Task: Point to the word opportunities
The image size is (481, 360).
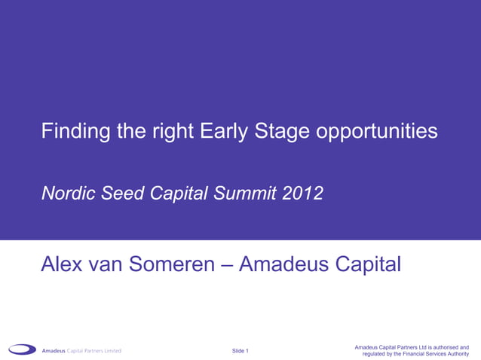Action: pos(376,133)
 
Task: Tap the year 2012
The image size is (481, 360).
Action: pos(303,194)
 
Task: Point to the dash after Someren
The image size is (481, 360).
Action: pos(228,265)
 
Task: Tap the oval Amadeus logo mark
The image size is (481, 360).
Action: pos(22,349)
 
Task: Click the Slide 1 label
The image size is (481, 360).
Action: pos(240,351)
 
